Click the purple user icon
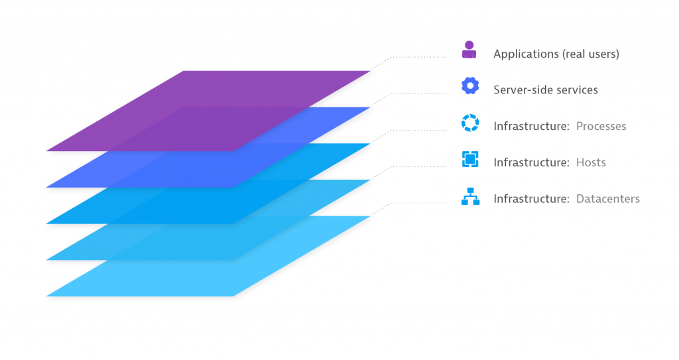(x=469, y=50)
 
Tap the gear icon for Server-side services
(x=470, y=86)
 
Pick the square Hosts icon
(x=470, y=159)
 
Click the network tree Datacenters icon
(x=470, y=196)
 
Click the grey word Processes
(x=601, y=126)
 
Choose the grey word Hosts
(x=591, y=162)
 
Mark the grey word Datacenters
(x=608, y=199)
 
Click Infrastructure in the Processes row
(x=531, y=126)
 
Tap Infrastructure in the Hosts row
(x=531, y=162)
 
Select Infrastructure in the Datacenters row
(x=531, y=199)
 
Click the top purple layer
(x=208, y=111)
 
